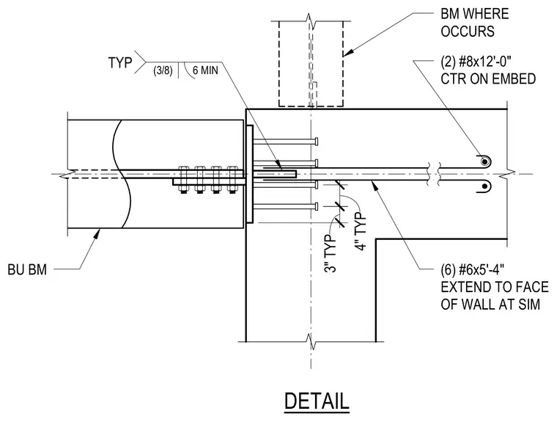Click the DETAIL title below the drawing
click(317, 401)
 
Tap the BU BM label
click(27, 269)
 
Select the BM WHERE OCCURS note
click(475, 23)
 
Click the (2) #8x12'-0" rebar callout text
click(476, 62)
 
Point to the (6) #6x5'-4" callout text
click(473, 270)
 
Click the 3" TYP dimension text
click(331, 253)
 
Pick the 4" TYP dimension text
click(361, 232)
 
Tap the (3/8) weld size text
click(163, 70)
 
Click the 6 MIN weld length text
click(205, 70)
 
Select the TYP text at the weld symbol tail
click(120, 62)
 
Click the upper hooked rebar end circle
click(484, 162)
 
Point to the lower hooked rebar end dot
click(484, 186)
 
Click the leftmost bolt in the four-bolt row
click(183, 180)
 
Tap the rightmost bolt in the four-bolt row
click(232, 180)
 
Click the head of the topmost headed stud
click(316, 141)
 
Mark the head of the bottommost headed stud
click(316, 206)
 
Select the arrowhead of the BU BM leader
click(97, 233)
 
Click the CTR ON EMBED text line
click(488, 79)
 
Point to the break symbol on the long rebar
click(433, 174)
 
